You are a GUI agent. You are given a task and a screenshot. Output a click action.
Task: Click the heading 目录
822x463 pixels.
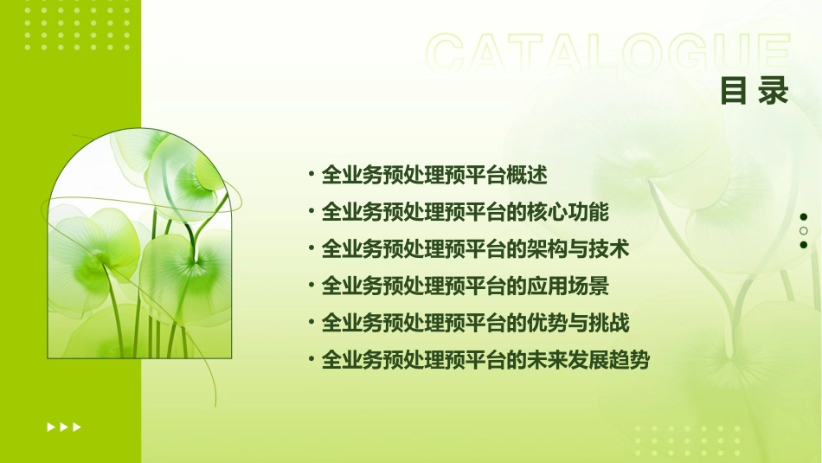click(x=755, y=91)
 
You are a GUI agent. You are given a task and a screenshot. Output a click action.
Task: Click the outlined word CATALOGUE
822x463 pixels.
click(x=608, y=54)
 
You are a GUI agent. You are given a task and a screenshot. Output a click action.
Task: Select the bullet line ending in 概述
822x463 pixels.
click(x=433, y=175)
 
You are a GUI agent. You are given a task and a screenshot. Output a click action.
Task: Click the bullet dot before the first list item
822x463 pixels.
click(x=311, y=174)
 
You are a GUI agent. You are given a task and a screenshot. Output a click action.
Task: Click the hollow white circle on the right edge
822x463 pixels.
click(x=804, y=231)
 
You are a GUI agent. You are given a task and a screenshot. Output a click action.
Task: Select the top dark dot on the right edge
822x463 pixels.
click(x=804, y=217)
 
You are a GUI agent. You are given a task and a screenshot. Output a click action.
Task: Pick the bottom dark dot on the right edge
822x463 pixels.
click(x=804, y=245)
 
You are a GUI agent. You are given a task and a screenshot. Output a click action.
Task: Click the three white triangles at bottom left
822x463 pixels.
click(x=63, y=427)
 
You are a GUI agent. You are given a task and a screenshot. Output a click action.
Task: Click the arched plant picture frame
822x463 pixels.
click(x=140, y=244)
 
